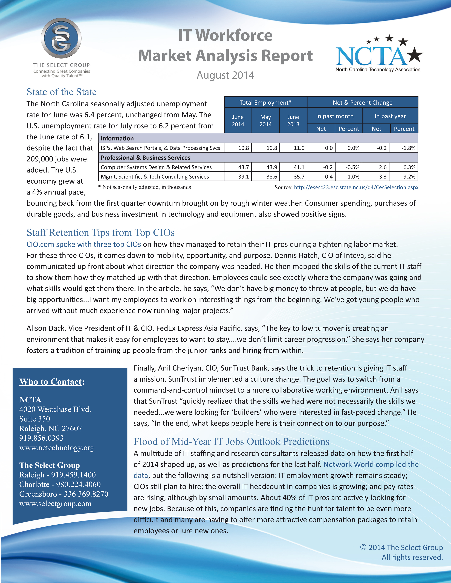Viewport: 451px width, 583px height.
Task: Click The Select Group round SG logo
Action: (x=61, y=38)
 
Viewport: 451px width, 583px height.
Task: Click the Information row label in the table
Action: (x=117, y=138)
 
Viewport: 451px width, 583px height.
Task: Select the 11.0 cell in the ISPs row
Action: (x=299, y=148)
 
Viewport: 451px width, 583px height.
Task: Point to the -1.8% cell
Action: (x=408, y=148)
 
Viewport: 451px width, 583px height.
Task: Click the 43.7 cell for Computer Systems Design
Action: (x=243, y=167)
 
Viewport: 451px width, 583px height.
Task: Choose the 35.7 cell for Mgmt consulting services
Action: (x=299, y=176)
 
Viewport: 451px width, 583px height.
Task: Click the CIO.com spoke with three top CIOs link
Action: (x=84, y=244)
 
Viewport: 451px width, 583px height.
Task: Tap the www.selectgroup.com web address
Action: (x=55, y=503)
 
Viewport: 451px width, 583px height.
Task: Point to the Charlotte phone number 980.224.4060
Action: (x=78, y=484)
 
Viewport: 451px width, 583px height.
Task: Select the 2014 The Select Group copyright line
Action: (x=402, y=547)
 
